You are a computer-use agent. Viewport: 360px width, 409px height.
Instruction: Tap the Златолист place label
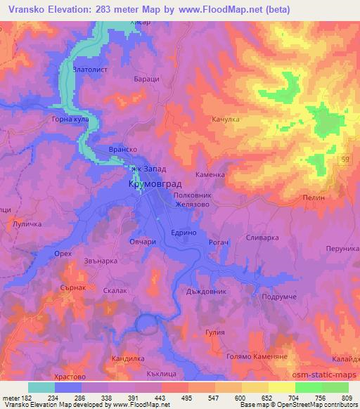(93, 70)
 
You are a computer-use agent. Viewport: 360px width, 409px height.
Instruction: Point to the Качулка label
(226, 119)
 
